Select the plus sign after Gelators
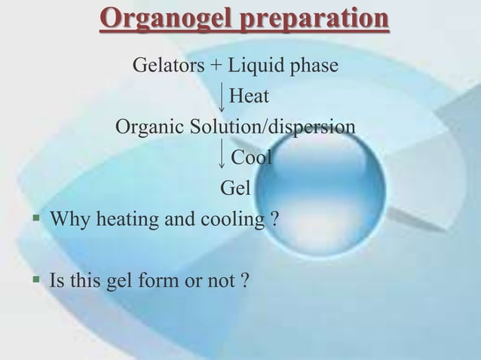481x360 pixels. click(x=216, y=66)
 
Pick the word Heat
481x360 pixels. click(x=249, y=96)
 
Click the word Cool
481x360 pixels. click(x=251, y=157)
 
